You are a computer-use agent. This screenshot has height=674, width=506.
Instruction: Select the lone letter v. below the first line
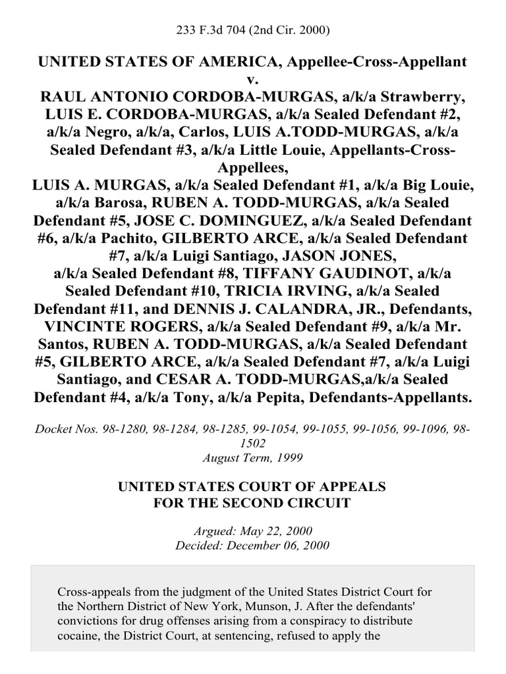[253, 79]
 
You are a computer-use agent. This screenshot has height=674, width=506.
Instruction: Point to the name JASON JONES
[372, 255]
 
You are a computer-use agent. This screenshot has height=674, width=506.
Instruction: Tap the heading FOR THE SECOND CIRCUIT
[252, 504]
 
